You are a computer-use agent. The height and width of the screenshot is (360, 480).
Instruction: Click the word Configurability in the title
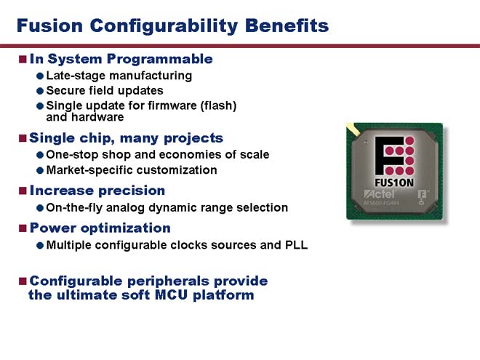pos(164,26)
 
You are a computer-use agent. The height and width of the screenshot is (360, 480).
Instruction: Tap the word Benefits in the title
pos(287,25)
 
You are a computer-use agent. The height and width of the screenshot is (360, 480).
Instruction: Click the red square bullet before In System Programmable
pos(23,59)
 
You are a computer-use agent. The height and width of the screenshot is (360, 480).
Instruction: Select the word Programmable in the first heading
pos(159,60)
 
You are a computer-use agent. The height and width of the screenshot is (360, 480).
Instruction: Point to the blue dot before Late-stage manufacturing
pos(40,76)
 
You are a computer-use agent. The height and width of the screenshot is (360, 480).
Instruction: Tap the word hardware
pos(97,117)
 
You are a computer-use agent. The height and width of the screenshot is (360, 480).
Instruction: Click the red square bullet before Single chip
pos(23,138)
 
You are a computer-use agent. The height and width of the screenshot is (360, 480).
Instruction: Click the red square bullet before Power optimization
pos(23,228)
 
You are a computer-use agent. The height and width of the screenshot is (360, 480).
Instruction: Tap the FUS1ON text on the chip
pos(394,183)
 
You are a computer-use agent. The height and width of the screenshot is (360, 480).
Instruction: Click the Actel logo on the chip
pos(379,194)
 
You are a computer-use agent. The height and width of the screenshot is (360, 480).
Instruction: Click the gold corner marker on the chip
pos(353,129)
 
